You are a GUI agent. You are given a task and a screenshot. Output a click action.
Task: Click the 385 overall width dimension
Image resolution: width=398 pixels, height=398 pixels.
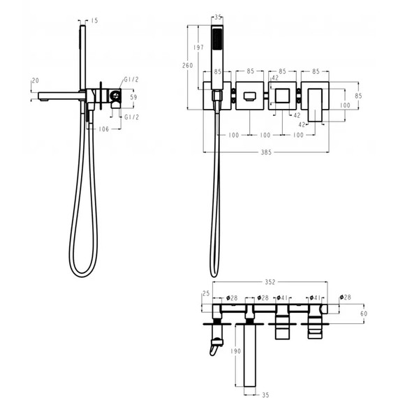266,152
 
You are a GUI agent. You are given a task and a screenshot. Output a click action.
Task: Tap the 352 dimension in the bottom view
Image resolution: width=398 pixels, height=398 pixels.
270,282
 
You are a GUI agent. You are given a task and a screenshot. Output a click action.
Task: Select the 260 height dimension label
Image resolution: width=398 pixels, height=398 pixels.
188,66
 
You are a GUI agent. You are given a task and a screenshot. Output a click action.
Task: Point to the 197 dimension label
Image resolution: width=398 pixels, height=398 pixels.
198,47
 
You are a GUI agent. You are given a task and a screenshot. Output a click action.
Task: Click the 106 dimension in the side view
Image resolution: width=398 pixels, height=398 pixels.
103,129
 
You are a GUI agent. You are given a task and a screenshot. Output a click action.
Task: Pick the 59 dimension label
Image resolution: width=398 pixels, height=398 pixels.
133,97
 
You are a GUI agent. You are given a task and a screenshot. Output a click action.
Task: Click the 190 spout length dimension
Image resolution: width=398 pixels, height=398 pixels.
235,351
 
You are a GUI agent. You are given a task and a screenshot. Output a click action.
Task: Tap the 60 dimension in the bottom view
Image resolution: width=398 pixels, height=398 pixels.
364,314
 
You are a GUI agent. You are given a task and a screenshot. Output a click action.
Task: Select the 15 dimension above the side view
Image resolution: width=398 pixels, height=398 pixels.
94,20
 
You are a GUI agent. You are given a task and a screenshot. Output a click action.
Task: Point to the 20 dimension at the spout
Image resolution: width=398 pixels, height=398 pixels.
36,81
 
